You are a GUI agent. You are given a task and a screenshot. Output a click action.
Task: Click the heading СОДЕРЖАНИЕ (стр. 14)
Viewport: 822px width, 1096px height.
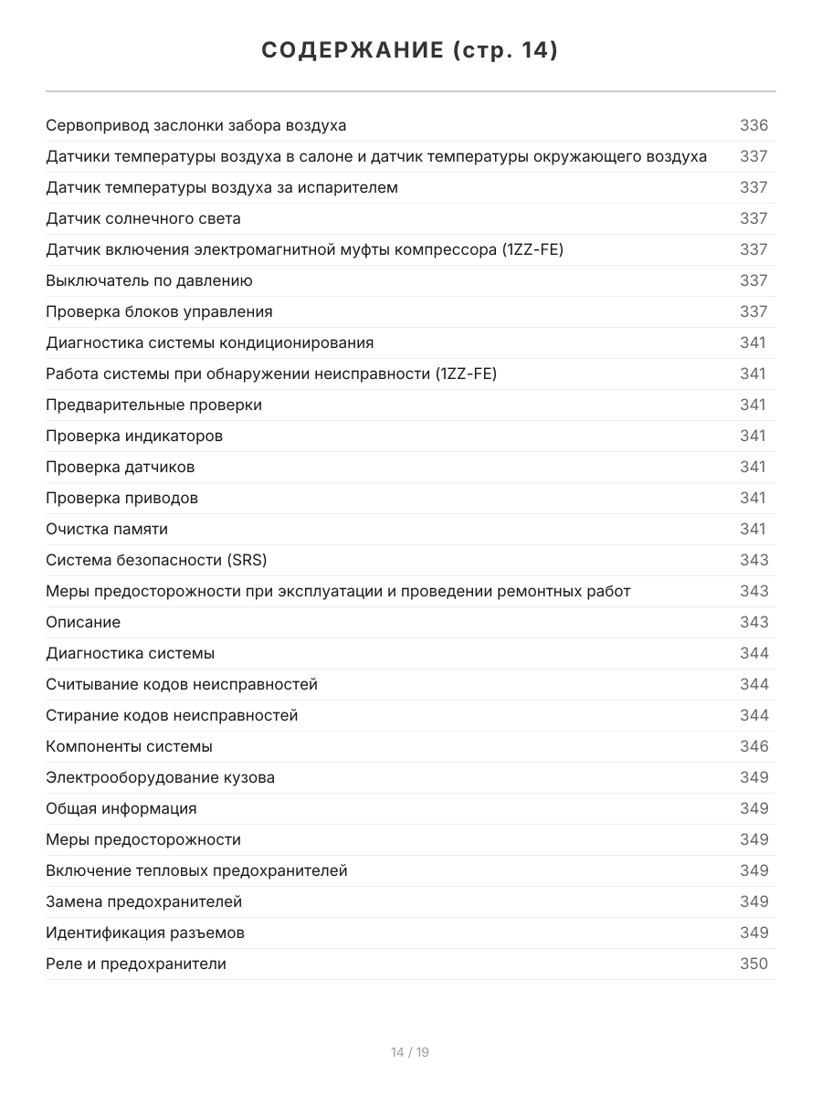pos(410,51)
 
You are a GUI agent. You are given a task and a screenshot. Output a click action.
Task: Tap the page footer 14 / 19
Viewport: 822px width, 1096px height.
pos(410,1052)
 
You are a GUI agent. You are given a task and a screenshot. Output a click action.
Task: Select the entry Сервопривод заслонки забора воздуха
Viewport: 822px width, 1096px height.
pos(195,125)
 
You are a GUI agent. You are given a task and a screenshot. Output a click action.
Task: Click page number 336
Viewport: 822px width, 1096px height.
pos(753,125)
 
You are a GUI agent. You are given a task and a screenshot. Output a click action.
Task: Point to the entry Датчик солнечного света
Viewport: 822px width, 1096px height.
pos(143,218)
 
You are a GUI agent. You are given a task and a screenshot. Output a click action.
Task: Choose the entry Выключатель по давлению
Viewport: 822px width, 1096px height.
pos(149,280)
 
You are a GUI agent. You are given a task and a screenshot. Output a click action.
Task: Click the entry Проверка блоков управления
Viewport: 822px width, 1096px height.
pos(159,311)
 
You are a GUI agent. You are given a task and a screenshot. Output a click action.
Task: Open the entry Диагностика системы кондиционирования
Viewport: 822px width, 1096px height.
pos(209,342)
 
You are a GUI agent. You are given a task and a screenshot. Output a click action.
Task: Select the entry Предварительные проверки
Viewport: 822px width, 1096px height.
pos(153,405)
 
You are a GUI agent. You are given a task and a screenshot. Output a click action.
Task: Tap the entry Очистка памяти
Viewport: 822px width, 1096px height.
pos(107,529)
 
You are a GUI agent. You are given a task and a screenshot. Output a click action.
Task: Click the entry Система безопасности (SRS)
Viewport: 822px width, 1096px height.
pos(156,560)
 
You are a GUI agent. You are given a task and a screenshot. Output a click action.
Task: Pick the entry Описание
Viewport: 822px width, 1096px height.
pos(83,622)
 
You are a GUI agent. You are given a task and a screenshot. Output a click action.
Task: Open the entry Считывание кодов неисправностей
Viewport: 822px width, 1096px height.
pos(182,684)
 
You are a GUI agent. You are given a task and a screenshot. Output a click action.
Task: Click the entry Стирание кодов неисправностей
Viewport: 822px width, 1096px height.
pos(172,715)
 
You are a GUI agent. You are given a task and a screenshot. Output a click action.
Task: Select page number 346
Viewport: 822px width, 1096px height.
pos(753,746)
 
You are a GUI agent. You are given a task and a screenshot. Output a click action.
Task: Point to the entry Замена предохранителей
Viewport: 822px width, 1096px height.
pos(143,901)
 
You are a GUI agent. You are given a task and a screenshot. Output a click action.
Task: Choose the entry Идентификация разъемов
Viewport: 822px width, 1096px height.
pos(145,933)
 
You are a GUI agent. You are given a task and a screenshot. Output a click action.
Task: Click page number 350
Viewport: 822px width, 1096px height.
pos(753,964)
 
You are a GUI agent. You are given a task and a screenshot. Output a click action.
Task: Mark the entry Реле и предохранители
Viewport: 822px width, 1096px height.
pos(136,964)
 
